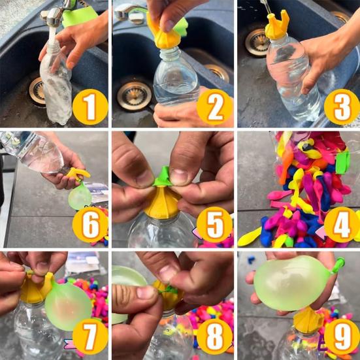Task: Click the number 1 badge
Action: point(90,107)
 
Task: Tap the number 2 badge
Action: point(215,107)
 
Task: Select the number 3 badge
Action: point(342,107)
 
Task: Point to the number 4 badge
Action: point(342,225)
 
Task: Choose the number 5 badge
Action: point(215,225)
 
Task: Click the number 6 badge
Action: point(90,225)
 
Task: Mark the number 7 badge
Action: point(90,337)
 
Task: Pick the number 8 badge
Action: point(215,337)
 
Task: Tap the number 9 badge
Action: point(342,337)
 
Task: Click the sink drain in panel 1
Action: point(37,91)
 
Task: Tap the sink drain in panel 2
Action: point(135,96)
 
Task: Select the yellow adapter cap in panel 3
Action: point(277,25)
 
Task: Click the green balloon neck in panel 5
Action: point(163,177)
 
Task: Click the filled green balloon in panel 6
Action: point(80,197)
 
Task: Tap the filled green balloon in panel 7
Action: point(68,306)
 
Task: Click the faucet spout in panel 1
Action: point(54,17)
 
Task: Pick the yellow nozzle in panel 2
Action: point(162,33)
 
